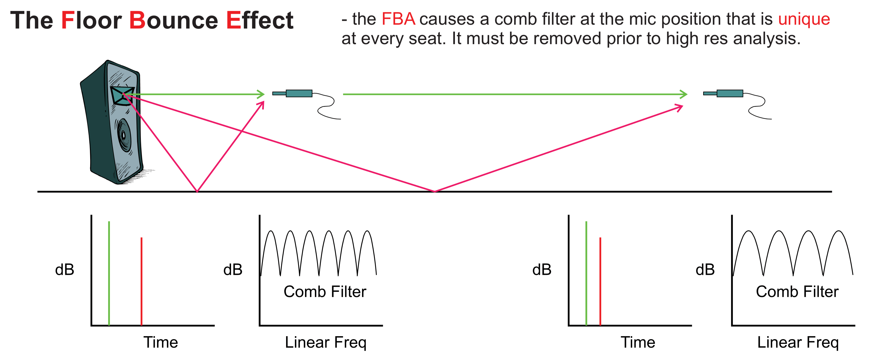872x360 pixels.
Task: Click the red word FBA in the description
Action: click(398, 19)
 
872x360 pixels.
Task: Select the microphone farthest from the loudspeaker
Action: click(724, 93)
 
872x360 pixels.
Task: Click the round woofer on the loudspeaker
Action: click(124, 135)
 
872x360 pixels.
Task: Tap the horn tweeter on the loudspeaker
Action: click(122, 96)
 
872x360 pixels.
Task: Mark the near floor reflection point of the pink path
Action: click(197, 192)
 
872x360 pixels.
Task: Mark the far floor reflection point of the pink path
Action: click(435, 192)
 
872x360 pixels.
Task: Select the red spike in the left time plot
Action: click(141, 281)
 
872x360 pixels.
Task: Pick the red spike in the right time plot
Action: click(600, 281)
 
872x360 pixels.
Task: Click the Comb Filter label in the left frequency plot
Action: click(325, 292)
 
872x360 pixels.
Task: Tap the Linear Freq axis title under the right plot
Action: click(797, 342)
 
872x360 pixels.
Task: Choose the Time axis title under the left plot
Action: click(161, 342)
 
